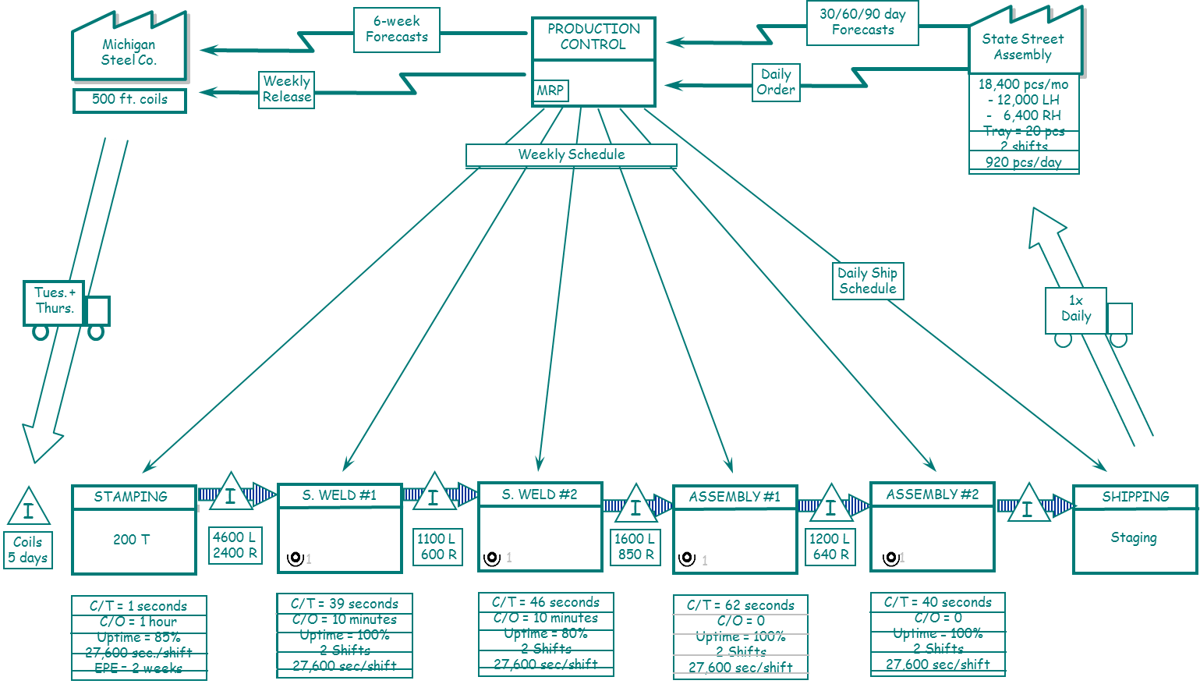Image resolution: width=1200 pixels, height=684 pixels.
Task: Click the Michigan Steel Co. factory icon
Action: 129,48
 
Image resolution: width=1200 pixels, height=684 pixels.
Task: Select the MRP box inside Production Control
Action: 550,90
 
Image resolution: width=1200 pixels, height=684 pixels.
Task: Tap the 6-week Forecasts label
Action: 396,30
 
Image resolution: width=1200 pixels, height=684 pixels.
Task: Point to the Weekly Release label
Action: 287,90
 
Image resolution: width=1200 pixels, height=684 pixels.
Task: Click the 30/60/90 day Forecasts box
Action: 862,22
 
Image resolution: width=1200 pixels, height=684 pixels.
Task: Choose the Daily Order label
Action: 776,82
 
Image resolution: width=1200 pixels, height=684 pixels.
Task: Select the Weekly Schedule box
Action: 571,155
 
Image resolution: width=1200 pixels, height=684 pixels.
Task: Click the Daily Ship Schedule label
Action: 868,281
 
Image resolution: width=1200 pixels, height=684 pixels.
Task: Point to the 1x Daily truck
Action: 1087,314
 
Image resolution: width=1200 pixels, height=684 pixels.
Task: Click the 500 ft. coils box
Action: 129,100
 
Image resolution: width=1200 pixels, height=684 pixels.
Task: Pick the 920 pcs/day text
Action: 1023,162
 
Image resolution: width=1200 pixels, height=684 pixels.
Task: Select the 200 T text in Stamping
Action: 132,539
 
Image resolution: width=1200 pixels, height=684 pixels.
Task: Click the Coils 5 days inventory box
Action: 28,550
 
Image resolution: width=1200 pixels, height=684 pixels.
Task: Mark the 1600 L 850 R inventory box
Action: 635,546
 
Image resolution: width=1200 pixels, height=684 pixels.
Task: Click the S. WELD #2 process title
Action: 540,494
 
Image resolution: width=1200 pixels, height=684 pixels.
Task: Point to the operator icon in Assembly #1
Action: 687,558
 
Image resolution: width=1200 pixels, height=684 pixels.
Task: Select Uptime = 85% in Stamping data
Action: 139,637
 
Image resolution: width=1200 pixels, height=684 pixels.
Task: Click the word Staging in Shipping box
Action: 1134,537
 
